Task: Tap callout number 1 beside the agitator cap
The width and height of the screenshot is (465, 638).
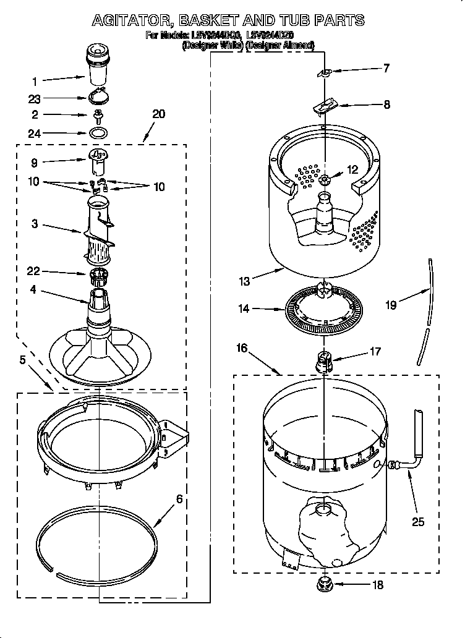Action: (35, 81)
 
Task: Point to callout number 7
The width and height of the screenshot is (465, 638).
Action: (386, 69)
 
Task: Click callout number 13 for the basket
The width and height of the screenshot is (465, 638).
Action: (244, 282)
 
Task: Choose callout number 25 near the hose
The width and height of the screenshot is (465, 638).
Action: (418, 522)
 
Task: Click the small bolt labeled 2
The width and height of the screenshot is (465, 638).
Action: (98, 114)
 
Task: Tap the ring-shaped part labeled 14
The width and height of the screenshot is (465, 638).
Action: (323, 308)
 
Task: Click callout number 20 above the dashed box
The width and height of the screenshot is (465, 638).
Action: (158, 114)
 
